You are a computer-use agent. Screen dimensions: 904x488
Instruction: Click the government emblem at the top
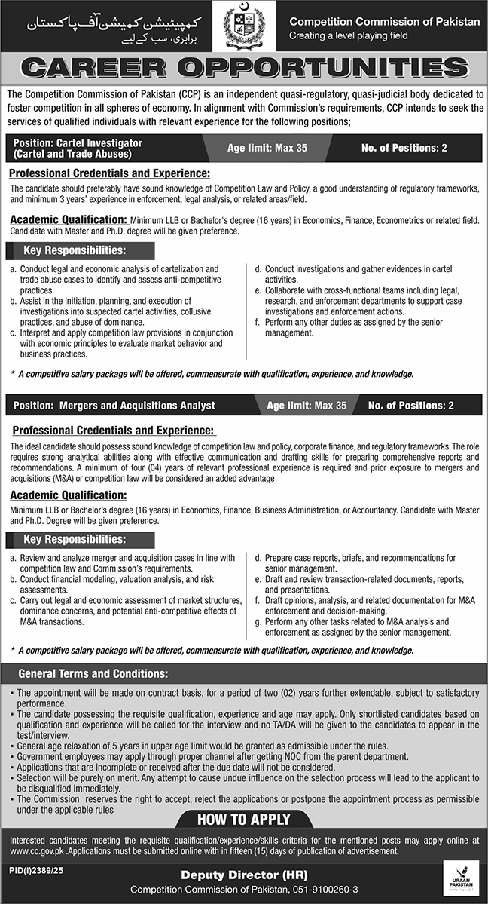pos(244,27)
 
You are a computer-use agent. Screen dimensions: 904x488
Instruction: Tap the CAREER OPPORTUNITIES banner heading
pos(244,69)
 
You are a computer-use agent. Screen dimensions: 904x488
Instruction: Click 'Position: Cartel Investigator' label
pos(78,142)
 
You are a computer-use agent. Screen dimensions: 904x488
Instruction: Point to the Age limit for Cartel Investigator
pos(267,148)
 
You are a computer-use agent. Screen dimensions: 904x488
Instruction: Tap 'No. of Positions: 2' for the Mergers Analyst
pos(410,406)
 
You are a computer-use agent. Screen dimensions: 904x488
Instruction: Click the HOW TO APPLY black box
pos(244,819)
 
